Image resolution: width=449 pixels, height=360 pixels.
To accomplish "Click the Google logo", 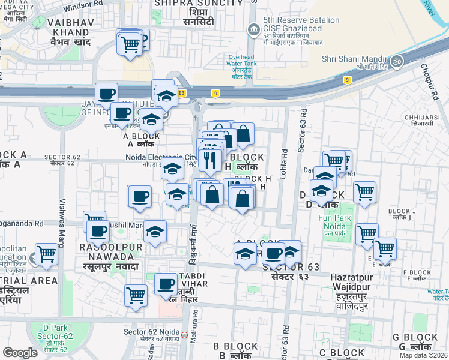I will click(20, 353).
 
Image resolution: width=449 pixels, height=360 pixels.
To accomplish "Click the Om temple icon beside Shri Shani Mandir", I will click(396, 61).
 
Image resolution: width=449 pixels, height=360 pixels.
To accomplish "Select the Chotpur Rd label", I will click(431, 80).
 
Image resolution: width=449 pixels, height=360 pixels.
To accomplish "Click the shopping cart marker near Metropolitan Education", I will click(46, 254).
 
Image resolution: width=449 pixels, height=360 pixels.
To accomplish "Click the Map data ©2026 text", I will click(423, 355).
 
